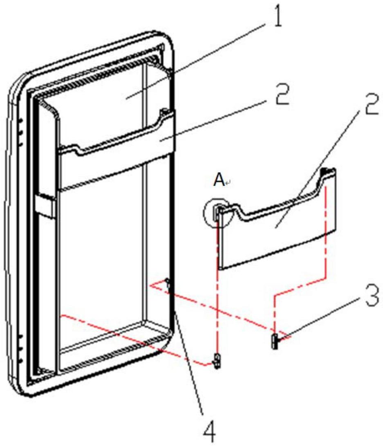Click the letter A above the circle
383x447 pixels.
[x=219, y=180]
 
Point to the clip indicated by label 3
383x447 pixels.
[x=274, y=341]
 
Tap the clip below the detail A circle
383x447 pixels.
[x=217, y=361]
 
